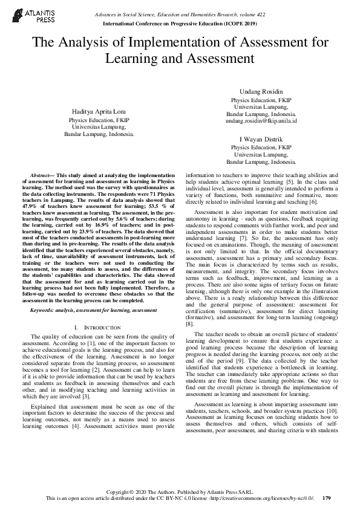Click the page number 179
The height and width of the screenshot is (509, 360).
(x=327, y=499)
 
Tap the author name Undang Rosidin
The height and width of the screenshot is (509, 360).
(x=261, y=90)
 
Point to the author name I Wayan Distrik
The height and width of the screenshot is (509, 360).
(x=261, y=138)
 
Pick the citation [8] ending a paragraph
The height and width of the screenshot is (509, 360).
(x=189, y=324)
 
